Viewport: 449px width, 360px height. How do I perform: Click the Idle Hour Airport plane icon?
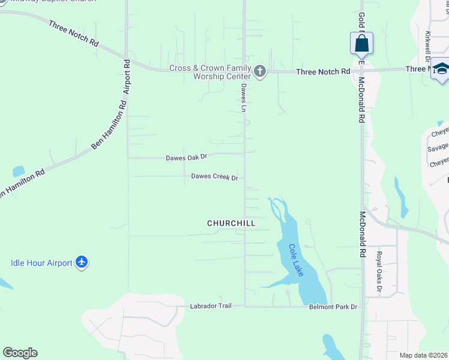pos(82,262)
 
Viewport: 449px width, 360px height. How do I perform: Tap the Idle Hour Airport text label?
pos(41,262)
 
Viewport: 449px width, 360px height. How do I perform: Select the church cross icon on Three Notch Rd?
pos(260,71)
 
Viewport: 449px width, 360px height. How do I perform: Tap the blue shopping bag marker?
pos(361,44)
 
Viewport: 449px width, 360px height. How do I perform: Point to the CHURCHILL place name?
pos(231,223)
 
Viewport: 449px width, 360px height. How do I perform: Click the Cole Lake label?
pos(297,260)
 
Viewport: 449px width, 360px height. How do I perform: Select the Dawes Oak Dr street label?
pos(186,157)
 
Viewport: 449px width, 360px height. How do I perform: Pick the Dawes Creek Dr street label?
pos(214,177)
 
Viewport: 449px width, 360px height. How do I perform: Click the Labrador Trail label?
pos(211,306)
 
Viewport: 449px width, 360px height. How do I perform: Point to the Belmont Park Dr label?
pos(333,307)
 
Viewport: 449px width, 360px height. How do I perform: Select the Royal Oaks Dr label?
pos(379,272)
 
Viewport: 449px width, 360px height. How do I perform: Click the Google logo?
pos(20,353)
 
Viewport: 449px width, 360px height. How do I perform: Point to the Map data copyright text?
pos(424,355)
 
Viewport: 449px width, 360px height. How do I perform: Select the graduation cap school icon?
pos(442,71)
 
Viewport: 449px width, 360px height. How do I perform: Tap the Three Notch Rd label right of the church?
pos(323,71)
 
